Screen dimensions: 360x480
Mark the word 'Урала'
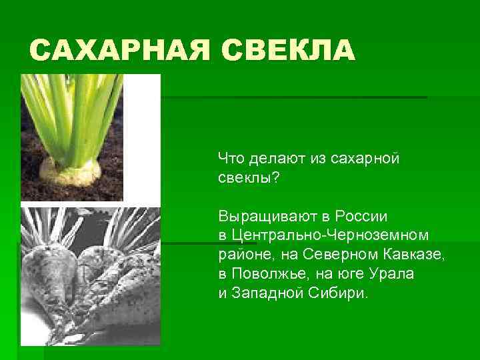click(395, 274)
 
